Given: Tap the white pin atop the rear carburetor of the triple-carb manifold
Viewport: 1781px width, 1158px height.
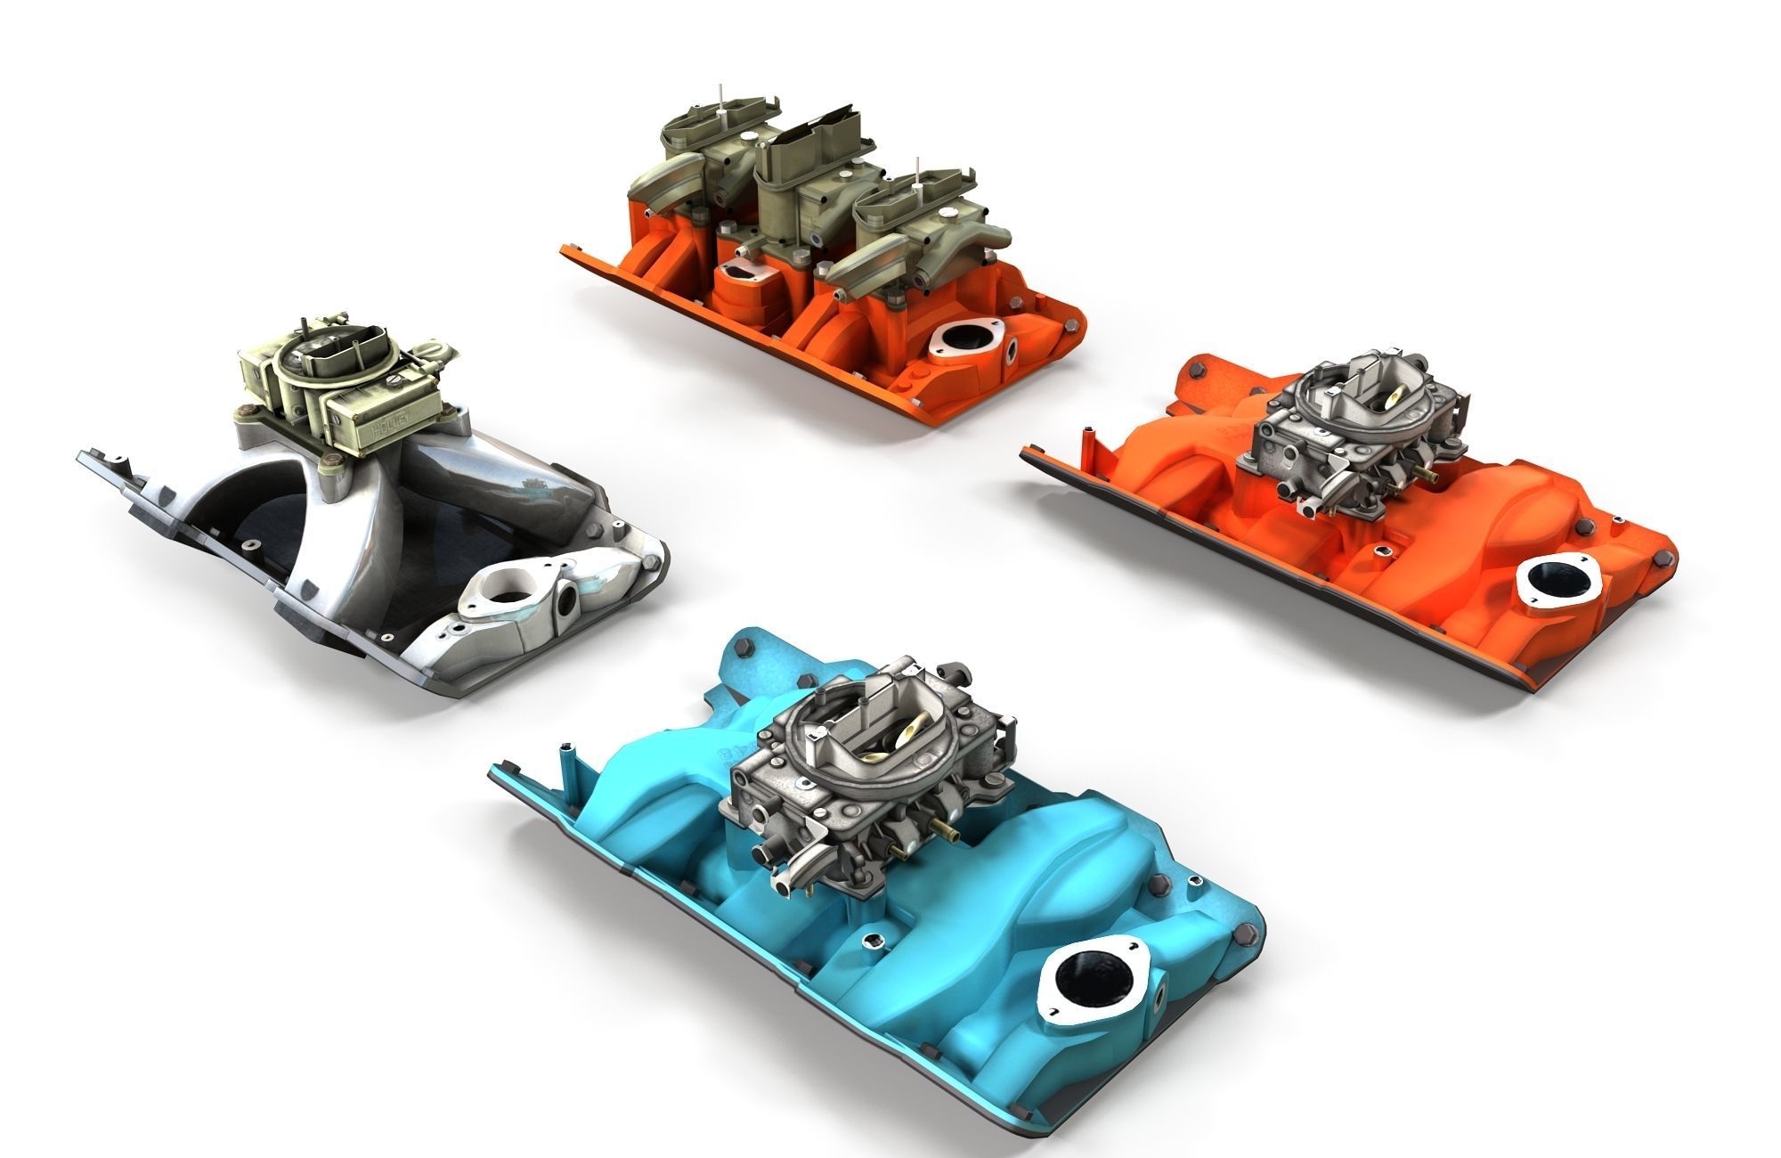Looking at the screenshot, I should (720, 101).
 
